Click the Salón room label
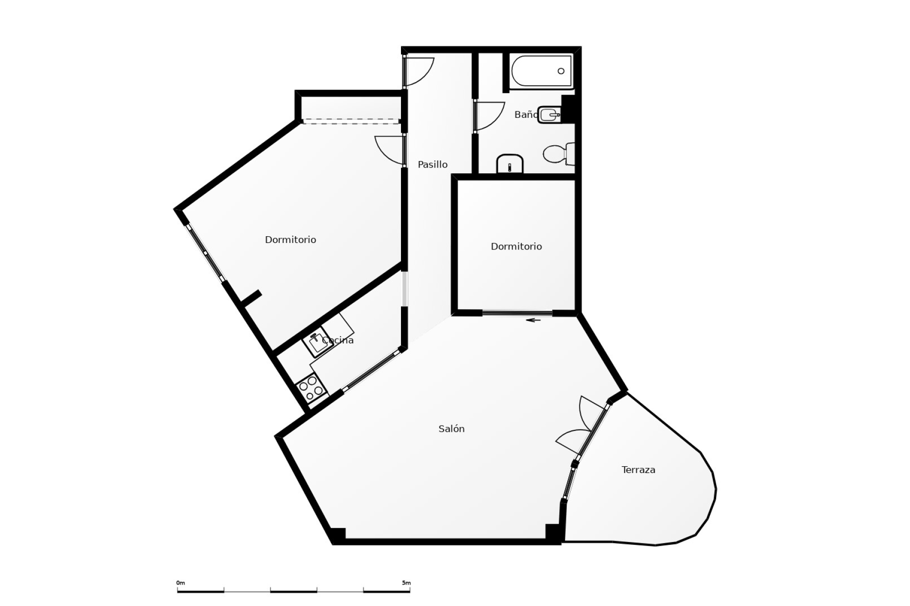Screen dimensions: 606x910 click(x=451, y=429)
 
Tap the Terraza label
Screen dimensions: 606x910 click(x=638, y=470)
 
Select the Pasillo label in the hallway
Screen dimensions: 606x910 click(x=432, y=164)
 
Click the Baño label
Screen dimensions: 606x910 click(x=526, y=115)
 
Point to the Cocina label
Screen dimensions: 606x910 click(x=337, y=340)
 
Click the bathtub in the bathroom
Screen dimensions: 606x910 click(x=542, y=71)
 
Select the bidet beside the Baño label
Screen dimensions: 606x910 click(x=550, y=115)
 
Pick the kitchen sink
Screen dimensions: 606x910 click(x=317, y=342)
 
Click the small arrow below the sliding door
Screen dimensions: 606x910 click(x=534, y=321)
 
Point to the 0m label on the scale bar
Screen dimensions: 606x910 click(x=181, y=583)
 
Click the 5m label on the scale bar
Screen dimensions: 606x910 click(x=406, y=583)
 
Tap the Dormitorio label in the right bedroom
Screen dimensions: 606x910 click(x=516, y=246)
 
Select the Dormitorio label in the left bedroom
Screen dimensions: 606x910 click(x=290, y=240)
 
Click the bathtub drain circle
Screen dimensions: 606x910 click(x=561, y=71)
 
